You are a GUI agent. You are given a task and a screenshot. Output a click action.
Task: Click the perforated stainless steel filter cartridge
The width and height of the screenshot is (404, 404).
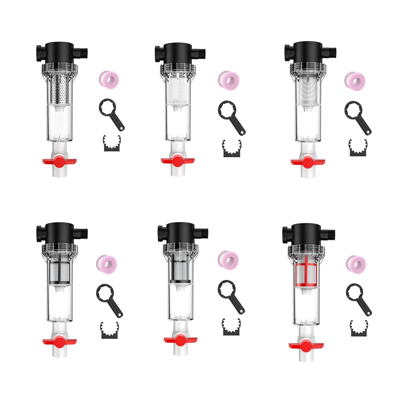coord(60,88)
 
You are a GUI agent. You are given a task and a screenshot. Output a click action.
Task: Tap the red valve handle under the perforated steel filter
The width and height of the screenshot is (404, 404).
coord(60,161)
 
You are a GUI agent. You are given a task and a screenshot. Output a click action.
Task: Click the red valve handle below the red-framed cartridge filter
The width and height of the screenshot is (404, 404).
coord(306,345)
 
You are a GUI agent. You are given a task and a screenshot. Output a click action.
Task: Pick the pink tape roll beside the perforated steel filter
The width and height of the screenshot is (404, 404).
coord(109,79)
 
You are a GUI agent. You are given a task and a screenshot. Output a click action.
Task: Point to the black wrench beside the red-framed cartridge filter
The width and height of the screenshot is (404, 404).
coord(359,299)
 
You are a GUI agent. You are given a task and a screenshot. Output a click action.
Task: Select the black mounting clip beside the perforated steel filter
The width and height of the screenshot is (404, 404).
coord(112,144)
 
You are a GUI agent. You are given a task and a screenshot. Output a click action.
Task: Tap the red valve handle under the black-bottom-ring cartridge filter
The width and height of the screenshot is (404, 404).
coord(180,340)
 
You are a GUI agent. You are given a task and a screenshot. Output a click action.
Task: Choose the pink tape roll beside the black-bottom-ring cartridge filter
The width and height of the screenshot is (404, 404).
coord(228,261)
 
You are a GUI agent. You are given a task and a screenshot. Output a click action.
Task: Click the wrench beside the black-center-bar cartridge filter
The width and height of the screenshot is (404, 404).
coord(109,300)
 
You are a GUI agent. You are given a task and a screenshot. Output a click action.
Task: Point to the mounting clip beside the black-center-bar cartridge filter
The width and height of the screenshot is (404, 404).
coord(109,331)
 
